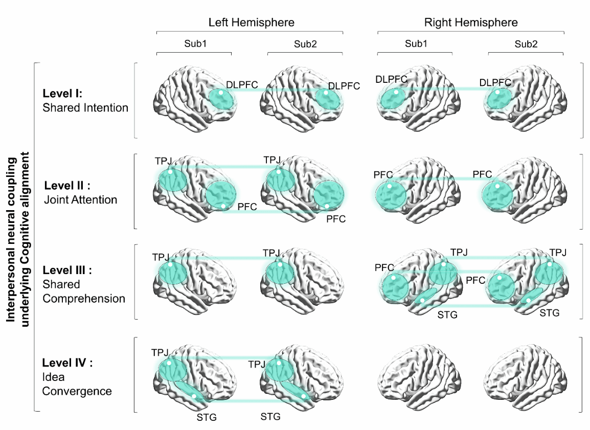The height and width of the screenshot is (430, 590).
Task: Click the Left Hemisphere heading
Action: click(x=251, y=22)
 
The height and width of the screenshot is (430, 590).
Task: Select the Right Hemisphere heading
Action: click(x=471, y=22)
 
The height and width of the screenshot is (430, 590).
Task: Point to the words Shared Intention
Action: click(x=85, y=107)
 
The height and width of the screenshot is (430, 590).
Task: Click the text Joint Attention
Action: click(x=81, y=199)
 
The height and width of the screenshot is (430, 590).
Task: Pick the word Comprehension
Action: click(x=84, y=298)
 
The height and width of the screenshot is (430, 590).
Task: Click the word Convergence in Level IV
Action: click(x=77, y=391)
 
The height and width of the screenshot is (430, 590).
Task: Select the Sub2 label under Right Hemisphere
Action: click(x=526, y=44)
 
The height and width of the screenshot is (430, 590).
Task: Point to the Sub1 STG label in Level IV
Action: click(x=207, y=417)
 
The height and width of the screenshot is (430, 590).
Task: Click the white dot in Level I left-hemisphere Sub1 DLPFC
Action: click(x=220, y=93)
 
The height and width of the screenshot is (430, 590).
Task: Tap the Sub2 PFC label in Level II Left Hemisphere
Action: click(x=336, y=219)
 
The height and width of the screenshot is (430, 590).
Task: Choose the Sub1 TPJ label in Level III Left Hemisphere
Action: click(x=160, y=257)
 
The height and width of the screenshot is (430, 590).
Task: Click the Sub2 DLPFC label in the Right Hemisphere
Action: click(x=495, y=82)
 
